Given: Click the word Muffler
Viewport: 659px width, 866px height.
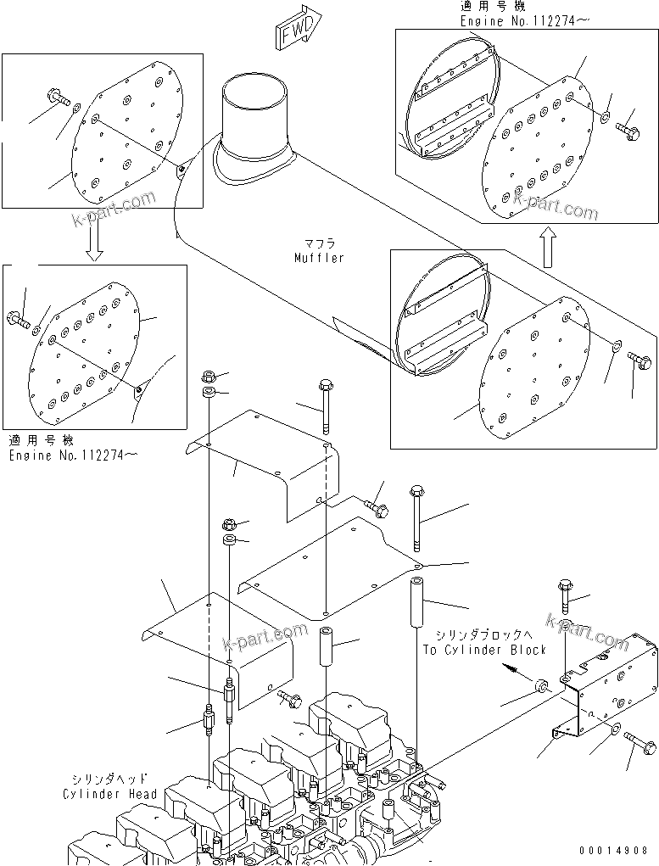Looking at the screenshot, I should tap(320, 258).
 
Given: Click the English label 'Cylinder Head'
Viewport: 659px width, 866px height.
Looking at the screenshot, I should tap(109, 794).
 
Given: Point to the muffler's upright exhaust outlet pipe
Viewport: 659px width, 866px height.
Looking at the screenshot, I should tap(254, 119).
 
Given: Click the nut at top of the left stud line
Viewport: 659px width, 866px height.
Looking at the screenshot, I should tap(209, 376).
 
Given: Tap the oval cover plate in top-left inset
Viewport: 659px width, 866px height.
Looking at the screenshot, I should tap(127, 136).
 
